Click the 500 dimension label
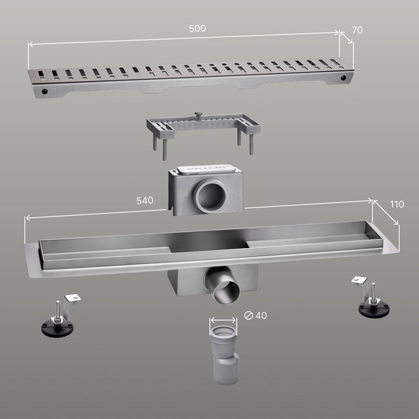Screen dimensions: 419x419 pyautogui.click(x=197, y=29)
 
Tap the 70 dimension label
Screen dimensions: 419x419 pyautogui.click(x=358, y=30)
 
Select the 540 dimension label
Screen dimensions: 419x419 pyautogui.click(x=145, y=200)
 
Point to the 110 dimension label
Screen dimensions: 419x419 pyautogui.click(x=397, y=205)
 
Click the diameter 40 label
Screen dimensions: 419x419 pyautogui.click(x=256, y=316)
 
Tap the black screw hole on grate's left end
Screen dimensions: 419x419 pyautogui.click(x=45, y=91)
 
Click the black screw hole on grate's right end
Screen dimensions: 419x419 pyautogui.click(x=344, y=78)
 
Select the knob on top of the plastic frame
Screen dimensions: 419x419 pyautogui.click(x=198, y=115)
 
